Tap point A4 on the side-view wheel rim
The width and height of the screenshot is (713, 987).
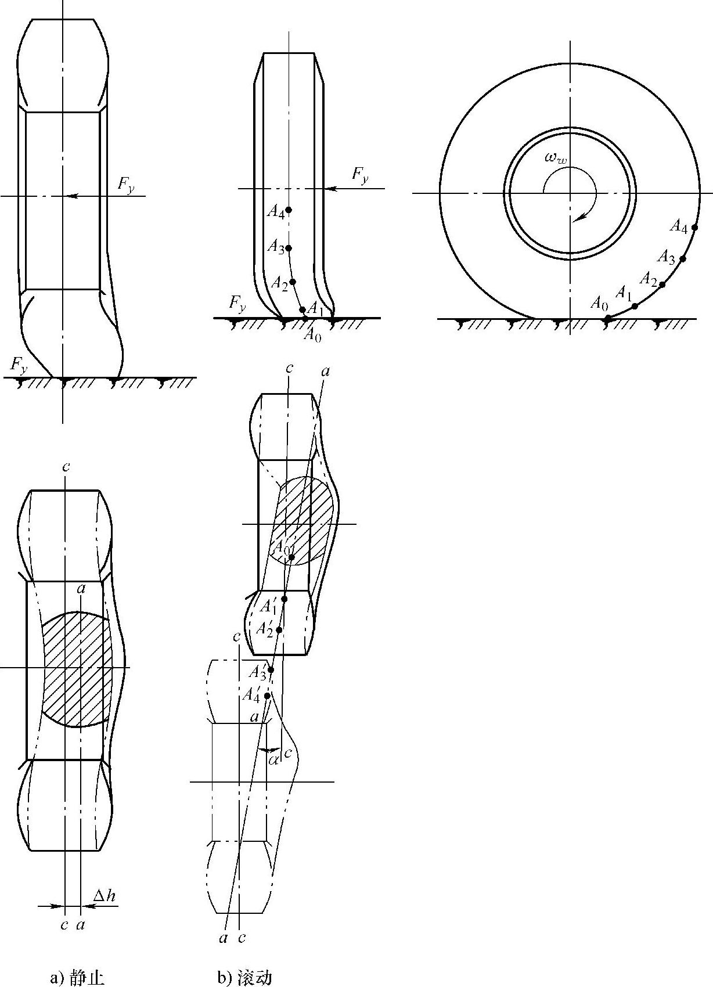coord(694,228)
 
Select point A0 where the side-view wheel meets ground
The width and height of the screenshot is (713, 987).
coord(607,318)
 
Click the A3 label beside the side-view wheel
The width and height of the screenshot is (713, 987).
coord(666,257)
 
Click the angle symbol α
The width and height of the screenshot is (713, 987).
coord(273,761)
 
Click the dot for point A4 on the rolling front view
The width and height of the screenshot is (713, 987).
coord(289,210)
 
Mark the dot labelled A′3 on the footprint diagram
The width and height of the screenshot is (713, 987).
coord(271,670)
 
